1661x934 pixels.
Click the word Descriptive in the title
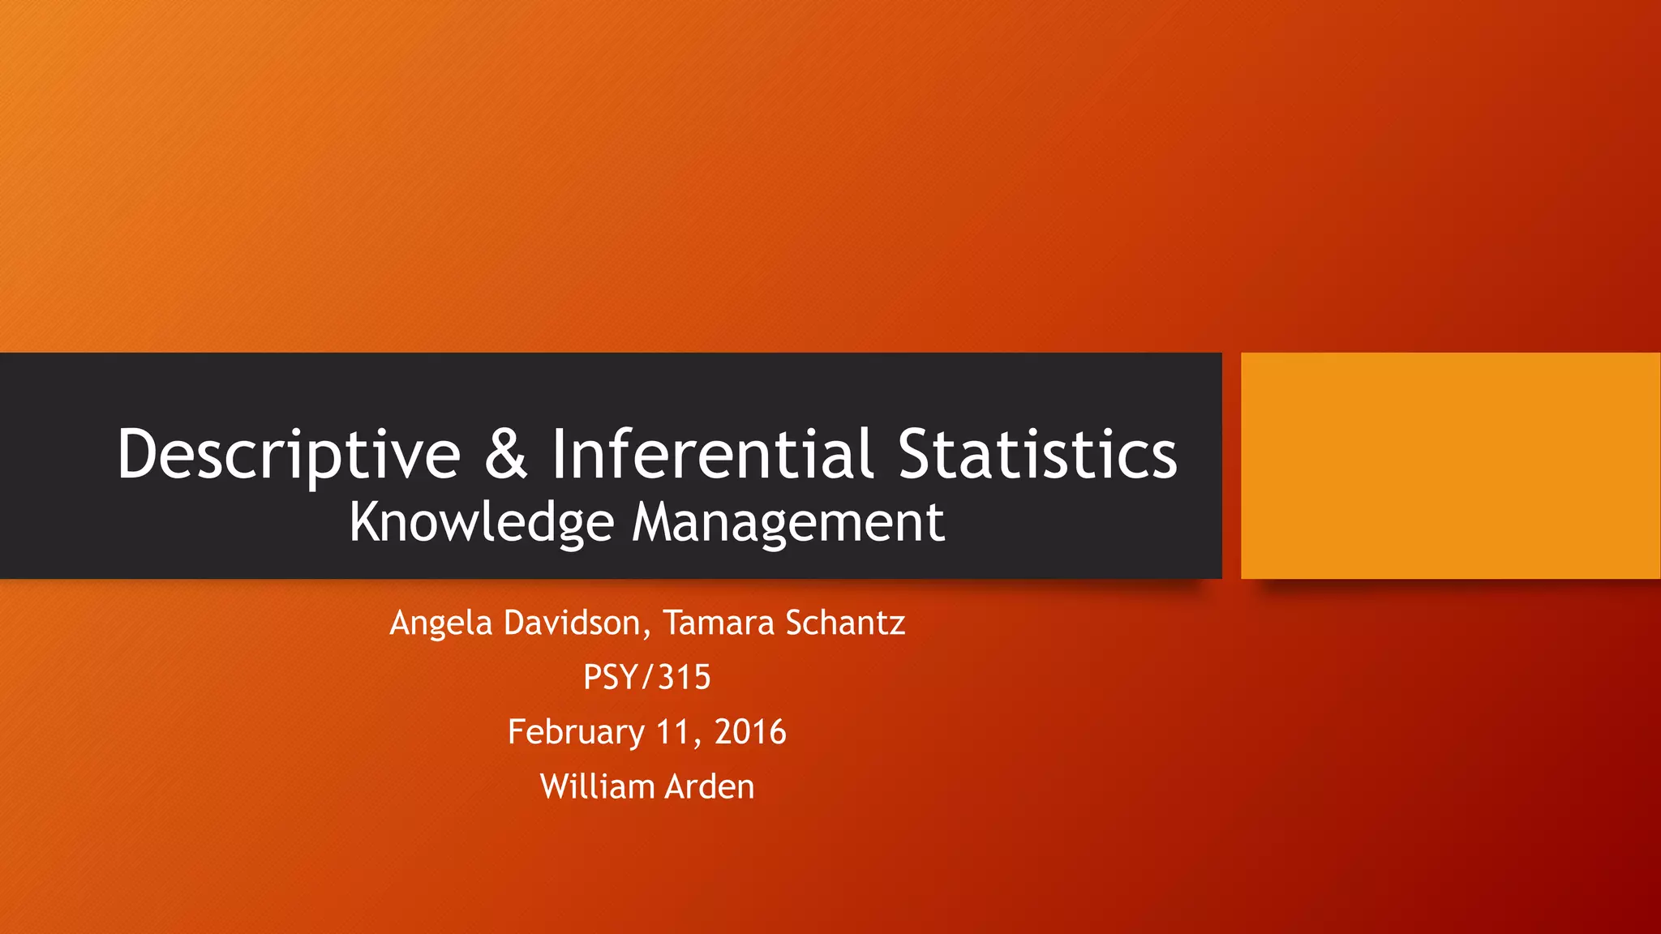[x=289, y=454]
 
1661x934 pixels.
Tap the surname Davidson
[x=573, y=622]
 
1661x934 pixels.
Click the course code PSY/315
[x=646, y=677]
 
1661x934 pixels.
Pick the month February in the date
[x=575, y=732]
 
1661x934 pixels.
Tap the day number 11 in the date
[x=672, y=732]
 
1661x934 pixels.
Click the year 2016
[x=750, y=732]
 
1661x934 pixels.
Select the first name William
[x=597, y=786]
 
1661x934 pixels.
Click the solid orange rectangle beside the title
[x=1450, y=465]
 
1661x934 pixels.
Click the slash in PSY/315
[x=647, y=677]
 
